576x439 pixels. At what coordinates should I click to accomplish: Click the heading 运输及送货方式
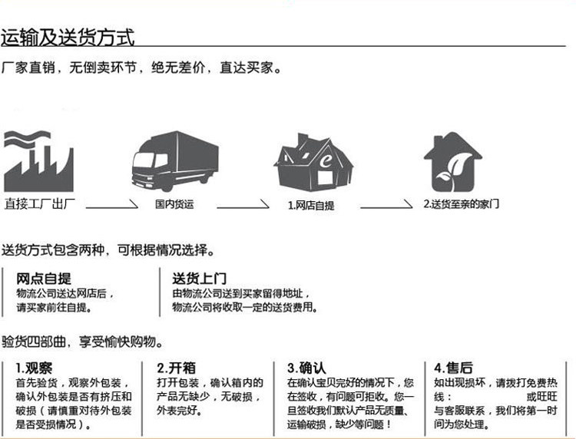(68, 37)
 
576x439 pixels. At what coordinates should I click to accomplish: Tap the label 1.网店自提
(311, 206)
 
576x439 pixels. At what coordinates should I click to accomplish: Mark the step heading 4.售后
(452, 367)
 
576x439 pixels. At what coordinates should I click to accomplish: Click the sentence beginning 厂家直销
(142, 68)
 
